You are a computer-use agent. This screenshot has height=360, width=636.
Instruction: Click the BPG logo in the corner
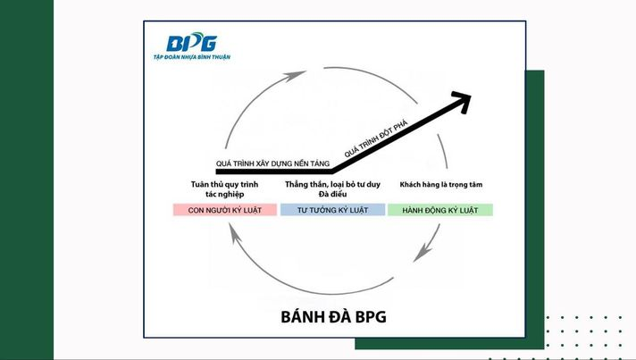191,43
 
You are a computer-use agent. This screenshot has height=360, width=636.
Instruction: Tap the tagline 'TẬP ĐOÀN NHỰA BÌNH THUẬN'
192,57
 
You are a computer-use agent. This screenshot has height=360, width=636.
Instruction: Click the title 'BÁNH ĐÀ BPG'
333,316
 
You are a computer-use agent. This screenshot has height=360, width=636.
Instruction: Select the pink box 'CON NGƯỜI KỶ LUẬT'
225,210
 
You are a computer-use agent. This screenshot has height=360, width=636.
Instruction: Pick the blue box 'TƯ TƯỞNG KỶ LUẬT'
332,210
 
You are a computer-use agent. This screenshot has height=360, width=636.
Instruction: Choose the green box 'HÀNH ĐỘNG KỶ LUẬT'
440,210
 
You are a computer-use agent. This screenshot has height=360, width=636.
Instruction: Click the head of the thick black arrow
464,101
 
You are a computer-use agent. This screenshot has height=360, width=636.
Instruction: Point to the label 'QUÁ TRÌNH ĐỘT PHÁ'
376,138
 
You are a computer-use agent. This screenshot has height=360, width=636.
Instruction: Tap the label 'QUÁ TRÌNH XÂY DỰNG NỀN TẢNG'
272,163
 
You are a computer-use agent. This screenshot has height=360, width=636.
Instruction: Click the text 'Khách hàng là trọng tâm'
441,184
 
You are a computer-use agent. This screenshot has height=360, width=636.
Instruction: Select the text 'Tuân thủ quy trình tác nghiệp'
224,188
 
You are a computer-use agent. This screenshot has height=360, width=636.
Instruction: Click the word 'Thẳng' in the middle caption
297,184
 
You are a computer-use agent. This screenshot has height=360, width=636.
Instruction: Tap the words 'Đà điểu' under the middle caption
332,194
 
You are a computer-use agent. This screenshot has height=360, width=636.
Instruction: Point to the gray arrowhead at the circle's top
295,75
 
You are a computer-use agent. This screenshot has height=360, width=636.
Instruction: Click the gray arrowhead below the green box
422,253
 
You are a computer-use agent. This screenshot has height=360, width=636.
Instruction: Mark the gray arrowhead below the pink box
234,234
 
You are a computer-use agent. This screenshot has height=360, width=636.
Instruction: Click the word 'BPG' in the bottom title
371,316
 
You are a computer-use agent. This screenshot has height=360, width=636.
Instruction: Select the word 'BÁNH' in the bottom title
298,316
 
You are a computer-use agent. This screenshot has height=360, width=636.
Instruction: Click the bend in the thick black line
332,172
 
